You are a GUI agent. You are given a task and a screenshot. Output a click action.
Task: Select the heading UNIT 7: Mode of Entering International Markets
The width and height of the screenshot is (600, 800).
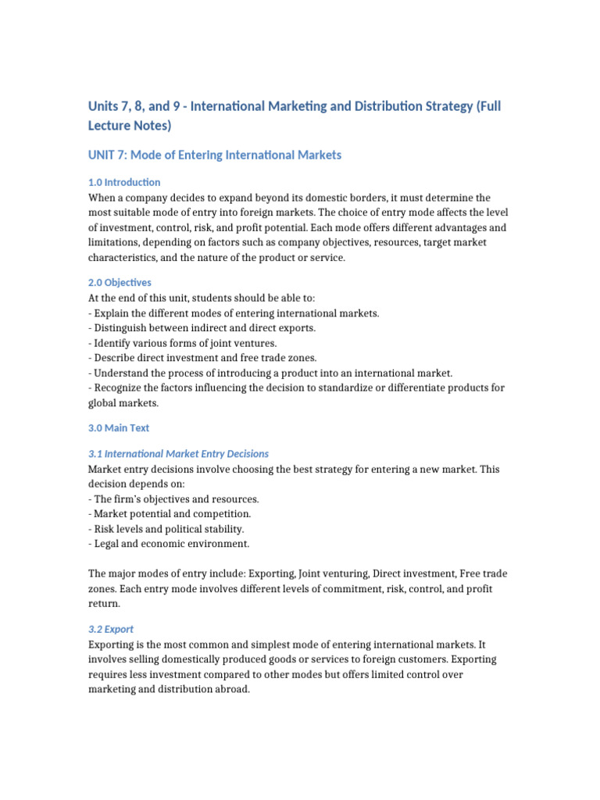point(214,155)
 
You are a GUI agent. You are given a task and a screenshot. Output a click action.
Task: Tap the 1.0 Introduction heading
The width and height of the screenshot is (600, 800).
point(124,182)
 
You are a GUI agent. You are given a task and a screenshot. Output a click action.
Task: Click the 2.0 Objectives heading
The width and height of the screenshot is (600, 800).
point(120,282)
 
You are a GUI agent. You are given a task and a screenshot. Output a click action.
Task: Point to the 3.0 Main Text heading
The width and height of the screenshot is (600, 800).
point(118,428)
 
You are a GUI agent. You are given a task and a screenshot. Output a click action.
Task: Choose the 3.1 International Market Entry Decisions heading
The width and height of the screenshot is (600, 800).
point(178,453)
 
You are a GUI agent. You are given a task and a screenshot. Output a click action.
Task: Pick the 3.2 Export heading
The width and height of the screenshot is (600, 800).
point(111,629)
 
